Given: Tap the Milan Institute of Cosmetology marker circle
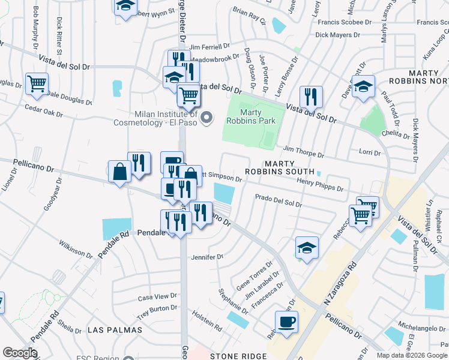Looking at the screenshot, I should point(207,117).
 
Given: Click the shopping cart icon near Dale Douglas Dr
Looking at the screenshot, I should point(37,83).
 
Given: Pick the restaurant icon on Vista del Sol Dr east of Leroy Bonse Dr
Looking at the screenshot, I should point(311,96).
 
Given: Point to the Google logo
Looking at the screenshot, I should point(20,353).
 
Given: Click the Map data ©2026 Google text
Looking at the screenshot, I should point(412,355).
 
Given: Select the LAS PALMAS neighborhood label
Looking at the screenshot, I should point(115,330).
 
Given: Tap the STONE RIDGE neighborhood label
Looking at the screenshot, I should point(238,356).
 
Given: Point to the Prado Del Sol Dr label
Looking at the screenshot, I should point(278,200).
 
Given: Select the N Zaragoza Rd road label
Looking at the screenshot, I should point(340,282).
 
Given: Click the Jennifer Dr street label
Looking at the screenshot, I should point(207,257).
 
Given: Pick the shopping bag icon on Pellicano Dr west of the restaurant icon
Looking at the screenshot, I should point(119,172).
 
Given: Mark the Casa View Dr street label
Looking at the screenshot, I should point(157,297).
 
